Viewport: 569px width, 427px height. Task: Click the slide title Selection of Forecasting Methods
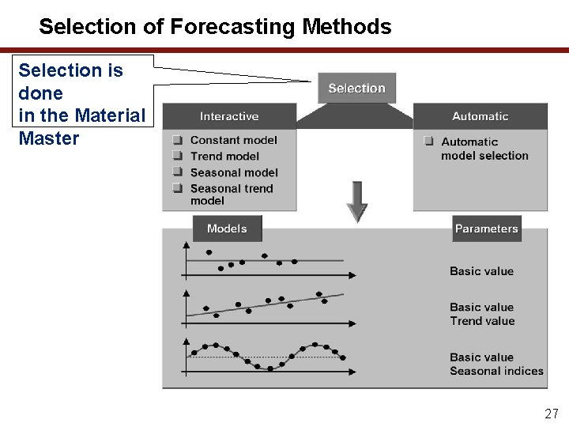pos(215,27)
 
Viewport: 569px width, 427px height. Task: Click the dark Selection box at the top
pos(356,89)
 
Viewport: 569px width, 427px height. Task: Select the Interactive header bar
pos(229,116)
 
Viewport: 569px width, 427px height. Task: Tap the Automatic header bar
pos(480,116)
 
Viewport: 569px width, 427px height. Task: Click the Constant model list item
pos(233,140)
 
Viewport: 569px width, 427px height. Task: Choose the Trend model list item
pos(224,156)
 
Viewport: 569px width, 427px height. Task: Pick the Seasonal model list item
pos(234,172)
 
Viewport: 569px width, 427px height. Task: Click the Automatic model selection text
pos(484,149)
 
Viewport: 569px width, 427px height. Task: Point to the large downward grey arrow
pos(357,201)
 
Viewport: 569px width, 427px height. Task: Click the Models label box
pos(227,229)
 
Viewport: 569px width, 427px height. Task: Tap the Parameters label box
pos(486,229)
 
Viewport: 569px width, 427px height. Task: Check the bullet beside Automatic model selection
pos(428,142)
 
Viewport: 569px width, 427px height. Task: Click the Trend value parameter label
pos(482,321)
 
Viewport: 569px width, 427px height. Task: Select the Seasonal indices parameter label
pos(496,371)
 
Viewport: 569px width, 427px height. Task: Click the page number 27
pos(551,414)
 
